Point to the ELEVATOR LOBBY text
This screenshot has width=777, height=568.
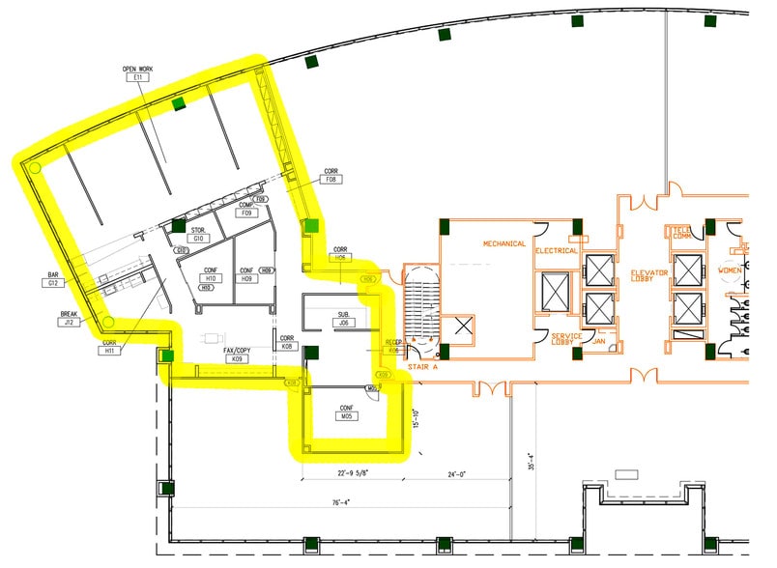(x=649, y=278)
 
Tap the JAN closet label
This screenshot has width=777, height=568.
(x=600, y=341)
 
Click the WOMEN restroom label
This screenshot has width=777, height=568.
(x=729, y=270)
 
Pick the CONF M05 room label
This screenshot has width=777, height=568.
(x=344, y=412)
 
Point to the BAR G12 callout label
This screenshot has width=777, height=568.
(x=53, y=279)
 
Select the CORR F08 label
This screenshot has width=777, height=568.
(x=331, y=175)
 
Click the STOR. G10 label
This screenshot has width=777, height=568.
(x=198, y=235)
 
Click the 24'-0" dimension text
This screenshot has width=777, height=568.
(x=458, y=474)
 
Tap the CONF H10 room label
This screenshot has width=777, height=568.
(x=213, y=274)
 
